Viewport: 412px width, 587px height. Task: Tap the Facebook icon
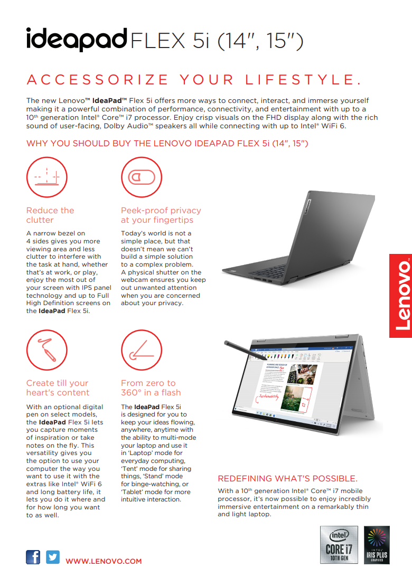tap(33, 557)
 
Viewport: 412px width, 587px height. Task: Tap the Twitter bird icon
tap(53, 557)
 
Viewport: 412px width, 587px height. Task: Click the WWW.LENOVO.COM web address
tap(104, 561)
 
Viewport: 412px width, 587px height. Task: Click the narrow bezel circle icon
tap(46, 177)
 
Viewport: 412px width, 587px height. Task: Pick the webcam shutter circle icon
tap(141, 177)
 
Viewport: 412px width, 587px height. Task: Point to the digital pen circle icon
tap(46, 349)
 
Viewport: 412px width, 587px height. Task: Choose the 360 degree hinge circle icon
tap(141, 349)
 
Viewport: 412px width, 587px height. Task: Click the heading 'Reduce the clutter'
tap(50, 215)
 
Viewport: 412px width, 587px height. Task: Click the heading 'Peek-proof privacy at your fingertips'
tap(161, 215)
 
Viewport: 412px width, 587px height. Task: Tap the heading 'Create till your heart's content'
tap(58, 387)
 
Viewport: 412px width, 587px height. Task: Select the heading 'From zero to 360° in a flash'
tap(151, 387)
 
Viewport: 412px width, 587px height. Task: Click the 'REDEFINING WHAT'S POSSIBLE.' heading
tap(287, 478)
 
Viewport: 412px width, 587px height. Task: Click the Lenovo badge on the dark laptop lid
tap(306, 205)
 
